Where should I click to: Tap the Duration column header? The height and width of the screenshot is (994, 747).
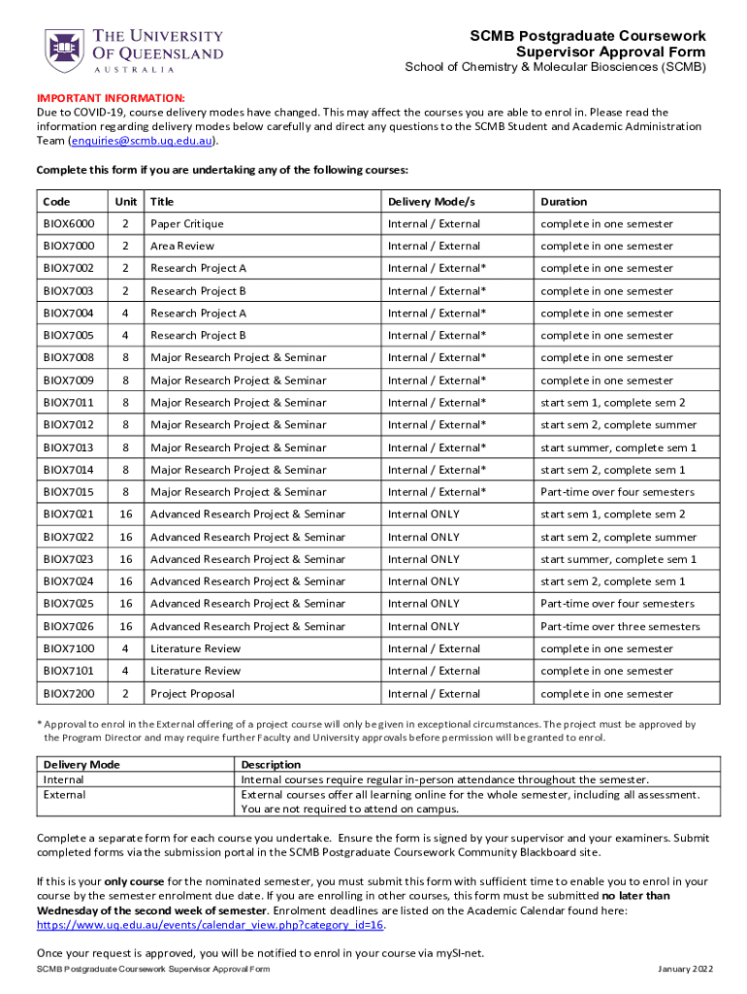click(564, 202)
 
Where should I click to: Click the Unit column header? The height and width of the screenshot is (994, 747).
click(125, 202)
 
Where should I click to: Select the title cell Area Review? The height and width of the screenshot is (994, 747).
click(182, 247)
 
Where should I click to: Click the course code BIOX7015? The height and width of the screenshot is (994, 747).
click(69, 492)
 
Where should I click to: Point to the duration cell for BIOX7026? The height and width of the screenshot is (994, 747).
click(620, 626)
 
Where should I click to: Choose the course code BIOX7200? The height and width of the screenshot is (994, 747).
click(69, 694)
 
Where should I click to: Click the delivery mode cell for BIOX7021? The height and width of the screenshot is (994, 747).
click(424, 514)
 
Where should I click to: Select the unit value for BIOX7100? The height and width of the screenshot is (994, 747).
click(124, 648)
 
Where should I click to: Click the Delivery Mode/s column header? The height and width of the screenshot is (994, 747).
click(432, 202)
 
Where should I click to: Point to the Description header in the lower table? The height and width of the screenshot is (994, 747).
click(271, 765)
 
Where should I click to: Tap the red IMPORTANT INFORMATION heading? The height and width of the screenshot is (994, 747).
click(111, 98)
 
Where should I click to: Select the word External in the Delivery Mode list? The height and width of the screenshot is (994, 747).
click(65, 795)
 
